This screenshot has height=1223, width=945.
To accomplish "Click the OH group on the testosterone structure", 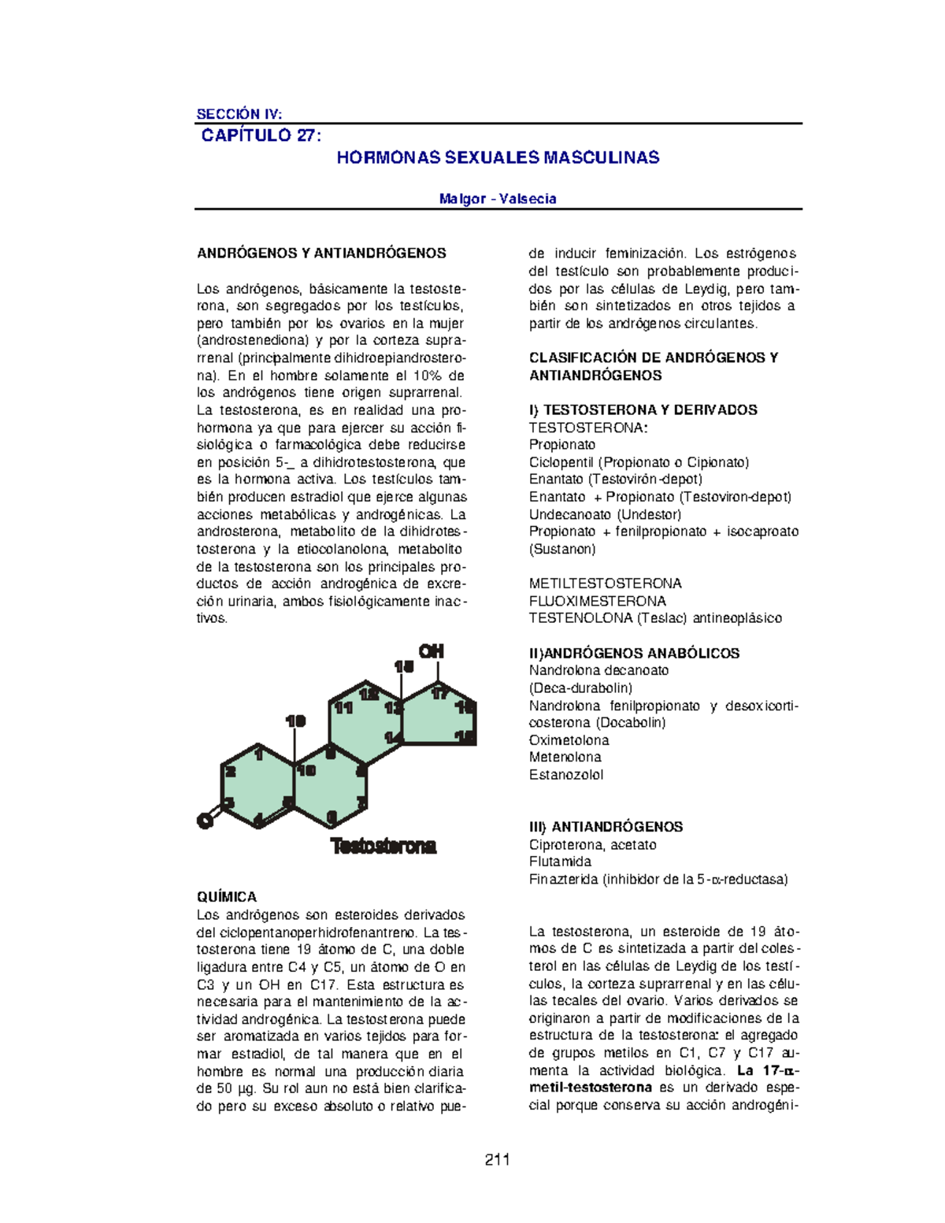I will tap(431, 651).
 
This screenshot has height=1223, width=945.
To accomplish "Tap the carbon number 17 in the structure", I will tap(439, 693).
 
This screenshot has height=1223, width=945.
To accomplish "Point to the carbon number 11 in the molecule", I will tap(343, 708).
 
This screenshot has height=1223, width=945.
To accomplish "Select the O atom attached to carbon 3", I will tap(204, 821).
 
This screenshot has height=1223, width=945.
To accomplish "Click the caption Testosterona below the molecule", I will tap(384, 847).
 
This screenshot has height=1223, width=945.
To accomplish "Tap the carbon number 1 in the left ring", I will tap(258, 754).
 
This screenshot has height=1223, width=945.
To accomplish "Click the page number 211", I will tap(498, 1159).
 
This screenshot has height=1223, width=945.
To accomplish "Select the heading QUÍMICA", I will tap(227, 897).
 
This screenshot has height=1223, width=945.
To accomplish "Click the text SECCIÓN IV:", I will tap(239, 113).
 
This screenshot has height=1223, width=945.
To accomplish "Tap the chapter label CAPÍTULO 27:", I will tap(261, 135).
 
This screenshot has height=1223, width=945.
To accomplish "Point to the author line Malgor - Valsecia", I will tap(498, 198).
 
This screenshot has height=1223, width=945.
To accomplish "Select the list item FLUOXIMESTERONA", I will tap(598, 601).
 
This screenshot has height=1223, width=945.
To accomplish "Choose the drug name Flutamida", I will tap(560, 862).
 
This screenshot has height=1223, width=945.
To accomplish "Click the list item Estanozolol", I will tap(566, 775).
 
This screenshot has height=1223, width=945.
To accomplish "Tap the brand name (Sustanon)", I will tap(562, 549).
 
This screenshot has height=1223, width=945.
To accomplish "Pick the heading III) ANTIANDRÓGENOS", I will tap(606, 827).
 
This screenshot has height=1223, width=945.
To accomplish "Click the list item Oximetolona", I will tap(569, 740).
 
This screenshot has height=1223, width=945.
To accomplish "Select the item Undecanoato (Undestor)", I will tap(605, 514).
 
